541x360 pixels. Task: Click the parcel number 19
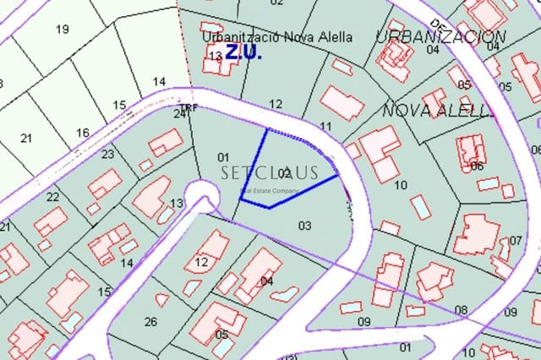(x=62, y=30)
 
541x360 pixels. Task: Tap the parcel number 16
(x=82, y=133)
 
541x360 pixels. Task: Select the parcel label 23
(x=107, y=154)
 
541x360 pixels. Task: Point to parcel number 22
(x=53, y=197)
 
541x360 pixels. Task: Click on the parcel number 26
(x=150, y=321)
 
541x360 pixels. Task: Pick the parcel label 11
(x=326, y=126)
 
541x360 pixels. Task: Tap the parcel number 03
(x=305, y=225)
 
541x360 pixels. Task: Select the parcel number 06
(x=477, y=166)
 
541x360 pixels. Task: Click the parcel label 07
(x=516, y=241)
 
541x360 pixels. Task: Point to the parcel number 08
(x=461, y=309)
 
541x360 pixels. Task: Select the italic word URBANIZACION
(x=441, y=36)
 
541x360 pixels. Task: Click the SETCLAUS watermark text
(x=270, y=173)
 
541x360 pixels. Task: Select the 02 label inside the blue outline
(x=284, y=174)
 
